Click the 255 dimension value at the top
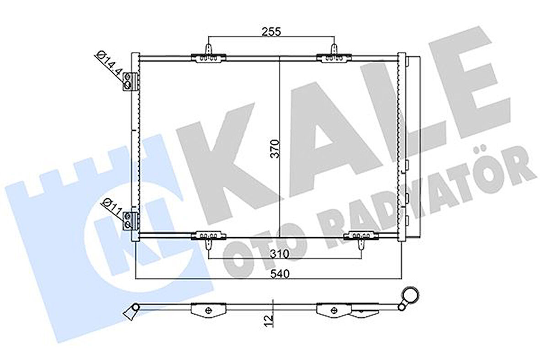271,31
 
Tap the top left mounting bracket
208,56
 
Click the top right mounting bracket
334,56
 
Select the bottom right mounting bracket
361,236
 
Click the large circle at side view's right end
410,295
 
